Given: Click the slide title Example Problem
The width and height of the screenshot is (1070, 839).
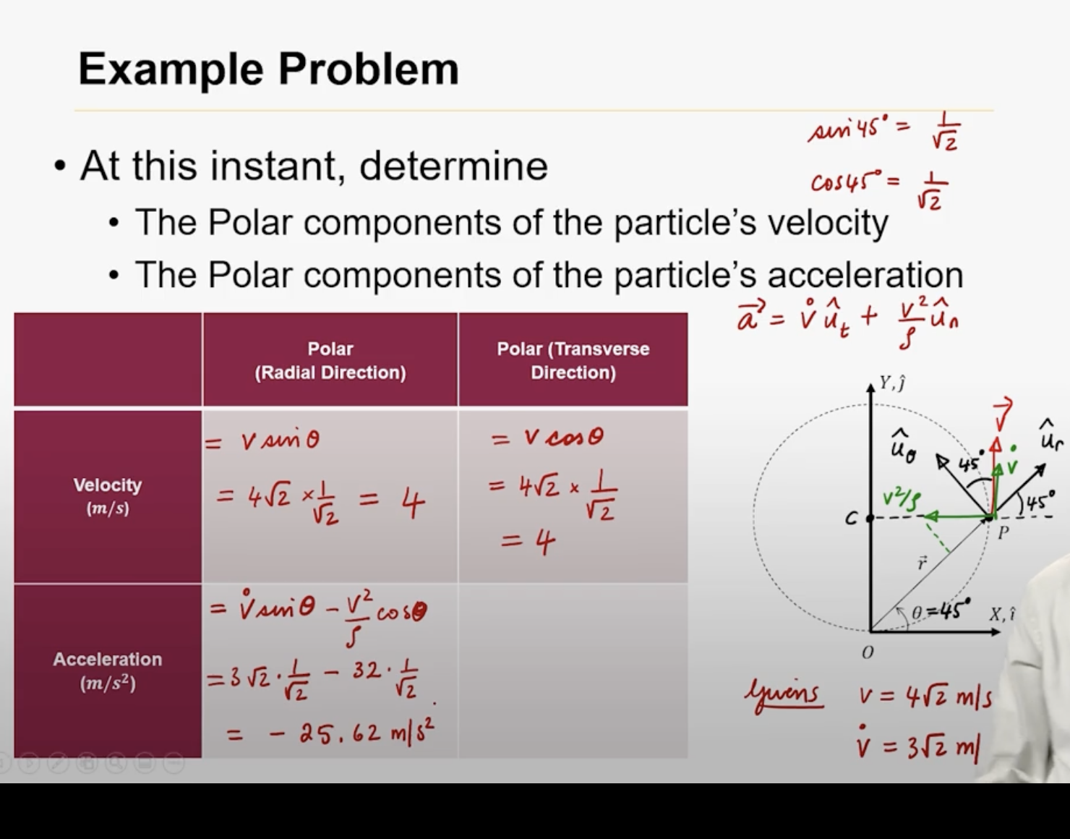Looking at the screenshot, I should (268, 69).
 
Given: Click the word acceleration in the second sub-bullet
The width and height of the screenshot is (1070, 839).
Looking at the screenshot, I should (865, 276).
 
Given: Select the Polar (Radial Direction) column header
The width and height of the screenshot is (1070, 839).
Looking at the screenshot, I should (330, 360).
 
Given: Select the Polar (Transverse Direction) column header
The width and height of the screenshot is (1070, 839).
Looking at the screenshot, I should (573, 360).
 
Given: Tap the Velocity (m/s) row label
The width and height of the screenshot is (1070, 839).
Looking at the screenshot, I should (108, 495).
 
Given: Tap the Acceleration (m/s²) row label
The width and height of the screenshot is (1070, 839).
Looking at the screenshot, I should (108, 670).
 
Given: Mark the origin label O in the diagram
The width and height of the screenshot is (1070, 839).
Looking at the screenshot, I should (868, 652).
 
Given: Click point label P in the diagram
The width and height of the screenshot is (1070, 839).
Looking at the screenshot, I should (1003, 534).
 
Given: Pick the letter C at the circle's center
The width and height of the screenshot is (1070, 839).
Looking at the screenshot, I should (852, 519).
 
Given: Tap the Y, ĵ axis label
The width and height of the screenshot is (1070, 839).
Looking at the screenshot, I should (892, 383).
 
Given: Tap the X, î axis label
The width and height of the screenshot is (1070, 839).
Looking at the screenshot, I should (1002, 614).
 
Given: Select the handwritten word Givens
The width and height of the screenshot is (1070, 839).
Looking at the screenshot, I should (784, 695).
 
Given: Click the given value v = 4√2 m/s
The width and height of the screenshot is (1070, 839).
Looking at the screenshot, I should (925, 697).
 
